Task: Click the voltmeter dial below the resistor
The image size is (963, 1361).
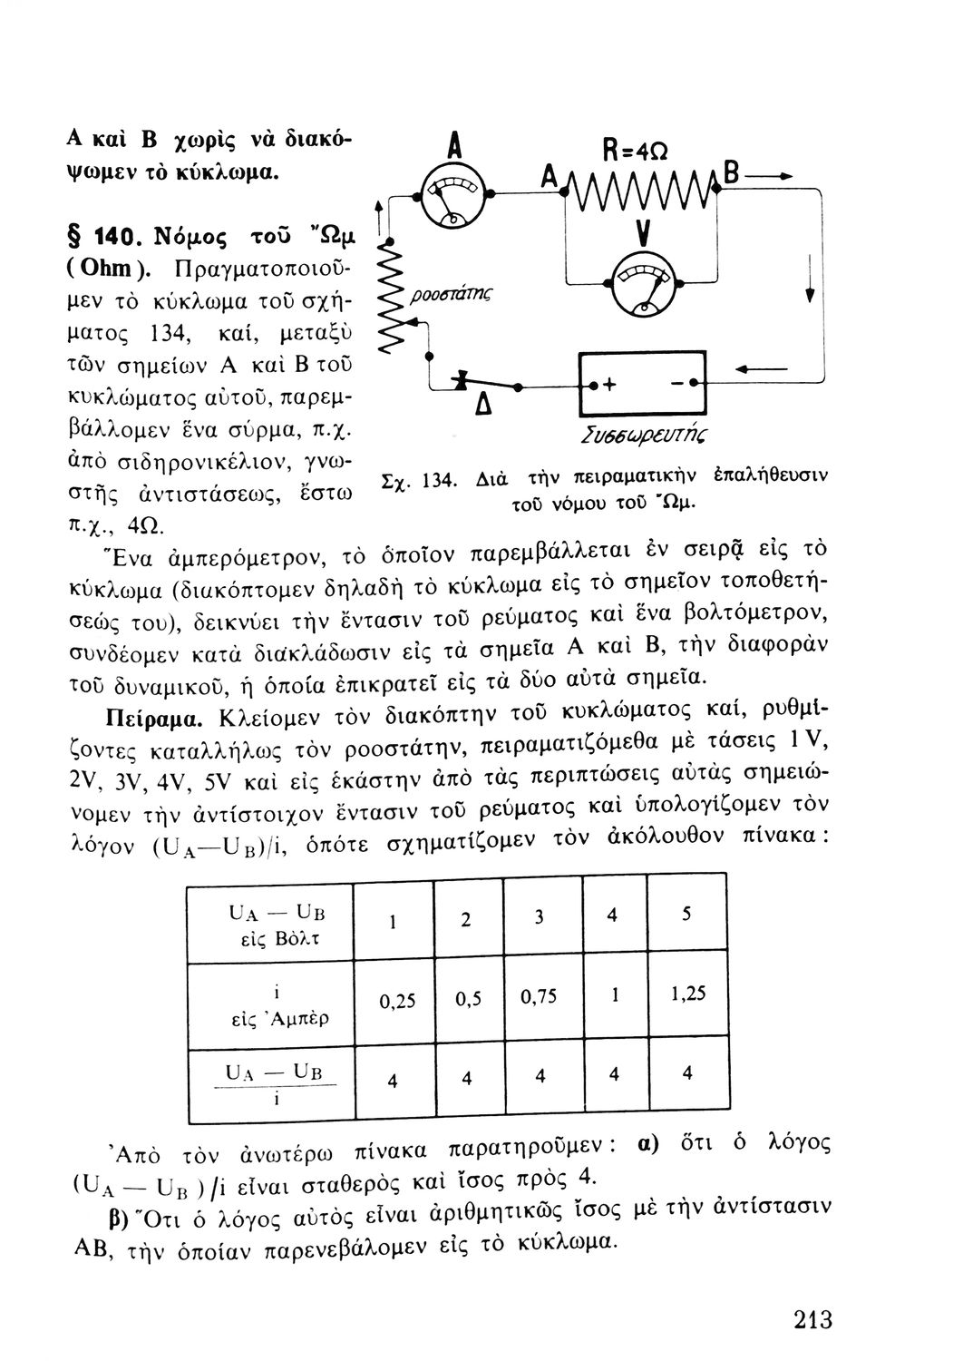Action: click(646, 283)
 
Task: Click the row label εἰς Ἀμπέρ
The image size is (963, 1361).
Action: click(278, 1018)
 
